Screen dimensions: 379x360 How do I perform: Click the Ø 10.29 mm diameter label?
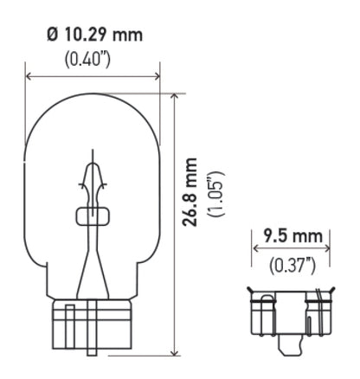[x=93, y=35]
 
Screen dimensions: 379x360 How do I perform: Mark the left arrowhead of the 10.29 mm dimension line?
[x=30, y=77]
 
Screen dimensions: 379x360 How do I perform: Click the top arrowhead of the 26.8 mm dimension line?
[x=176, y=97]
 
